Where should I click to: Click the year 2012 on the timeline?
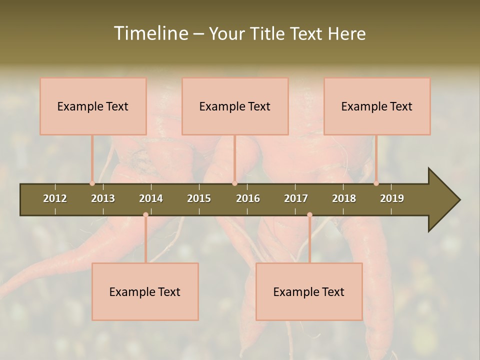(x=55, y=198)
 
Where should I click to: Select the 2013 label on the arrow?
(x=103, y=198)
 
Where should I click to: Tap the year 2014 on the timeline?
(x=151, y=198)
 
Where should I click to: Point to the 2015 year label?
(x=199, y=198)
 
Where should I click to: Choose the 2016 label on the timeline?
(x=248, y=198)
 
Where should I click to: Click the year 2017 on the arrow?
(x=296, y=198)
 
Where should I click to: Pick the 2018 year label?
(x=344, y=198)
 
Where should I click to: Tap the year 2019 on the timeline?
(x=392, y=198)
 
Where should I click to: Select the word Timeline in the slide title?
(x=150, y=33)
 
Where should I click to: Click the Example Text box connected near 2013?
(x=93, y=106)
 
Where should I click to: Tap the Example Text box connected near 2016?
(x=235, y=106)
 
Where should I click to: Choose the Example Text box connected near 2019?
(x=377, y=106)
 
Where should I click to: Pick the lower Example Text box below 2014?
(x=145, y=291)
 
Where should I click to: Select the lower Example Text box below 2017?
(x=309, y=291)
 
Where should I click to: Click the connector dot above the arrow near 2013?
(x=92, y=183)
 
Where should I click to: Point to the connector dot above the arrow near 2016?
(x=234, y=183)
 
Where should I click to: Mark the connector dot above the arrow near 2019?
(x=376, y=183)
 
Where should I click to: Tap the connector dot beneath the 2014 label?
(x=145, y=215)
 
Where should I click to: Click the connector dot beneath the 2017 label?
(x=309, y=215)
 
